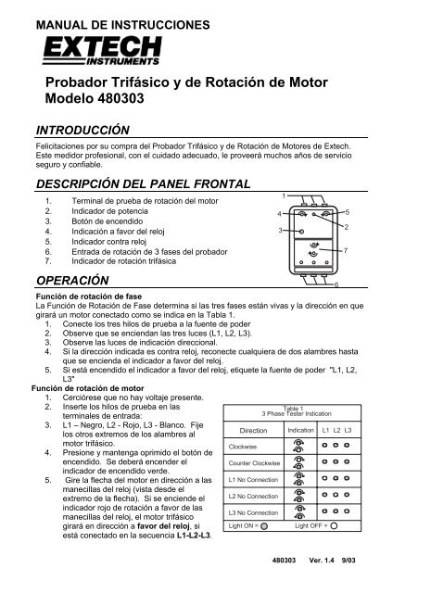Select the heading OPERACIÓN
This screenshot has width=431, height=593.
71,280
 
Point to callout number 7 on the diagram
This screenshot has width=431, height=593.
346,252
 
